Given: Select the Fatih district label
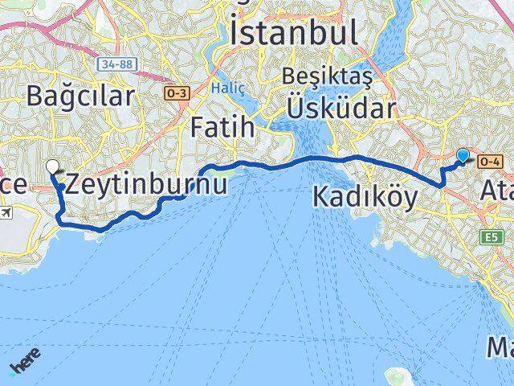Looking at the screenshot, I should pyautogui.click(x=223, y=127).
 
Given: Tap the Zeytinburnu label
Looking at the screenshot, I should pyautogui.click(x=145, y=183).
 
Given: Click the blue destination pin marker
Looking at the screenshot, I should pyautogui.click(x=463, y=156).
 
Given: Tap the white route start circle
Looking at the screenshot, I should pyautogui.click(x=53, y=167).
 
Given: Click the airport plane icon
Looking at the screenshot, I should pyautogui.click(x=7, y=213).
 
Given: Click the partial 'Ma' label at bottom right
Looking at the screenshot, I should pyautogui.click(x=500, y=347).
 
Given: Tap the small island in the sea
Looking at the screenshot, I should pyautogui.click(x=397, y=376).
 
